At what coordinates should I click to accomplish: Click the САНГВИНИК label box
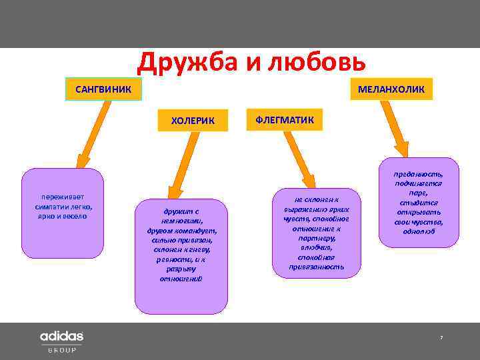[103, 89]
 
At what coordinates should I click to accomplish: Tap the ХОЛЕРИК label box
[193, 121]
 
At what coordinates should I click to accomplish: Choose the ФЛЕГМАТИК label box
[285, 120]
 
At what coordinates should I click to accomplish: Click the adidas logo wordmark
[61, 336]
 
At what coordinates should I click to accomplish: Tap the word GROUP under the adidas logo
[61, 349]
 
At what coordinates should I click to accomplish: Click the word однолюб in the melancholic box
[419, 231]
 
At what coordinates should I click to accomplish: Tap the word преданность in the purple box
[419, 173]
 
